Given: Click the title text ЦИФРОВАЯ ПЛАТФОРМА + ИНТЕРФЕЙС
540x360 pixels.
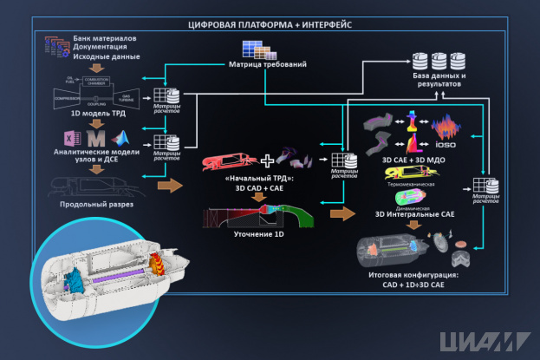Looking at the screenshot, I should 270,25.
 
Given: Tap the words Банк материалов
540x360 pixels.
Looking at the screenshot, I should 91,40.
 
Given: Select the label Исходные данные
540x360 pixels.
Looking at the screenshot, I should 87,55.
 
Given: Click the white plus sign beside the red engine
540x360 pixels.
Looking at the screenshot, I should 268,160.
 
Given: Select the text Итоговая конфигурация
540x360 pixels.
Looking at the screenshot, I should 413,276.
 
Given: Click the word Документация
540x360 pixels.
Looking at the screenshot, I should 88,48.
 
